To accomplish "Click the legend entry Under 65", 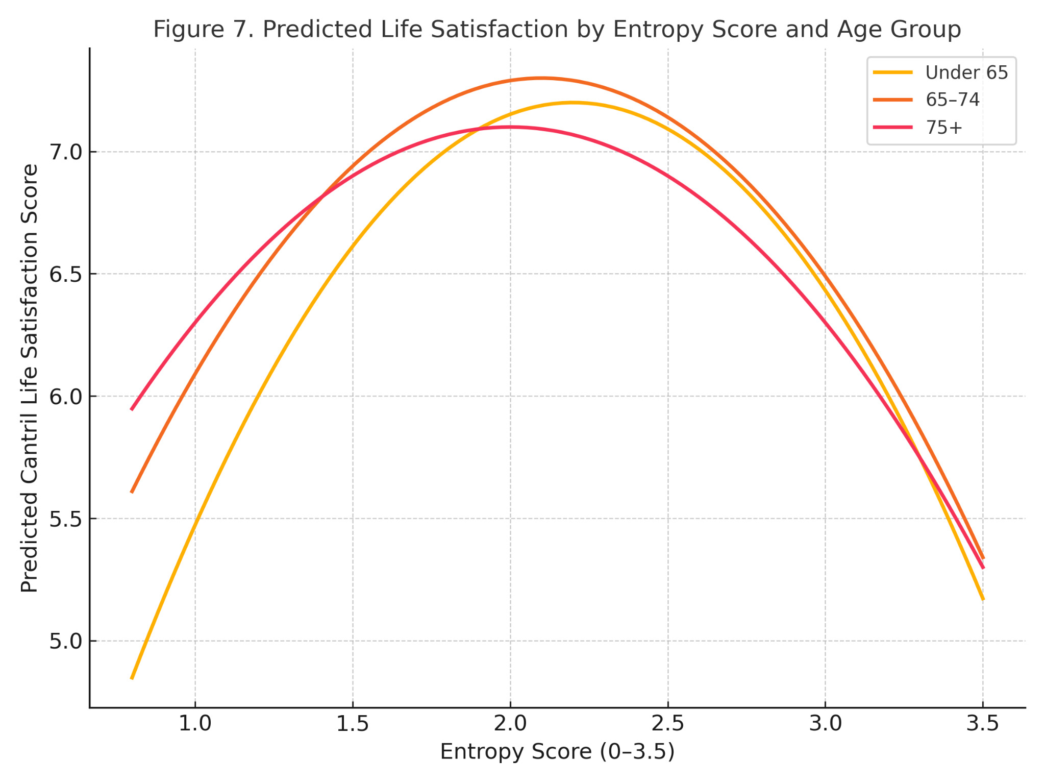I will [x=966, y=72].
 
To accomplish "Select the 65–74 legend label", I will [x=952, y=100].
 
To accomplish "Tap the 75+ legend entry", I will [x=943, y=127].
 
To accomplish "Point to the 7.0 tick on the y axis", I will [x=65, y=152].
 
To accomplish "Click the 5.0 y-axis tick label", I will [x=65, y=641].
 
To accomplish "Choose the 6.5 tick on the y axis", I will [x=65, y=274].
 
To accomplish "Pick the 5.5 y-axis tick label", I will [x=65, y=519].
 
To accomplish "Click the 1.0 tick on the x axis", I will [x=195, y=724].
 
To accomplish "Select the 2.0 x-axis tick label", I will [x=510, y=724].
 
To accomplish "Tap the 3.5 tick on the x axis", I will [x=983, y=724].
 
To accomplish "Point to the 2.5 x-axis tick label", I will [x=668, y=724].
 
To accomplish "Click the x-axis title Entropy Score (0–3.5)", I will [x=557, y=752].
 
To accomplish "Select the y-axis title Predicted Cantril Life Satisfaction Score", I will [x=29, y=378].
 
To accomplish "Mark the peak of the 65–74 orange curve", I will [x=542, y=78].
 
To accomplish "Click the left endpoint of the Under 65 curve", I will [x=132, y=679].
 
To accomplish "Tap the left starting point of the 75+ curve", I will [x=132, y=409].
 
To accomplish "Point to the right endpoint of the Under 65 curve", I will [x=983, y=599].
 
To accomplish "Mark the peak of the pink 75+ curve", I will [x=510, y=127].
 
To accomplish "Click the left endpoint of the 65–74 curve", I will [x=132, y=493].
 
